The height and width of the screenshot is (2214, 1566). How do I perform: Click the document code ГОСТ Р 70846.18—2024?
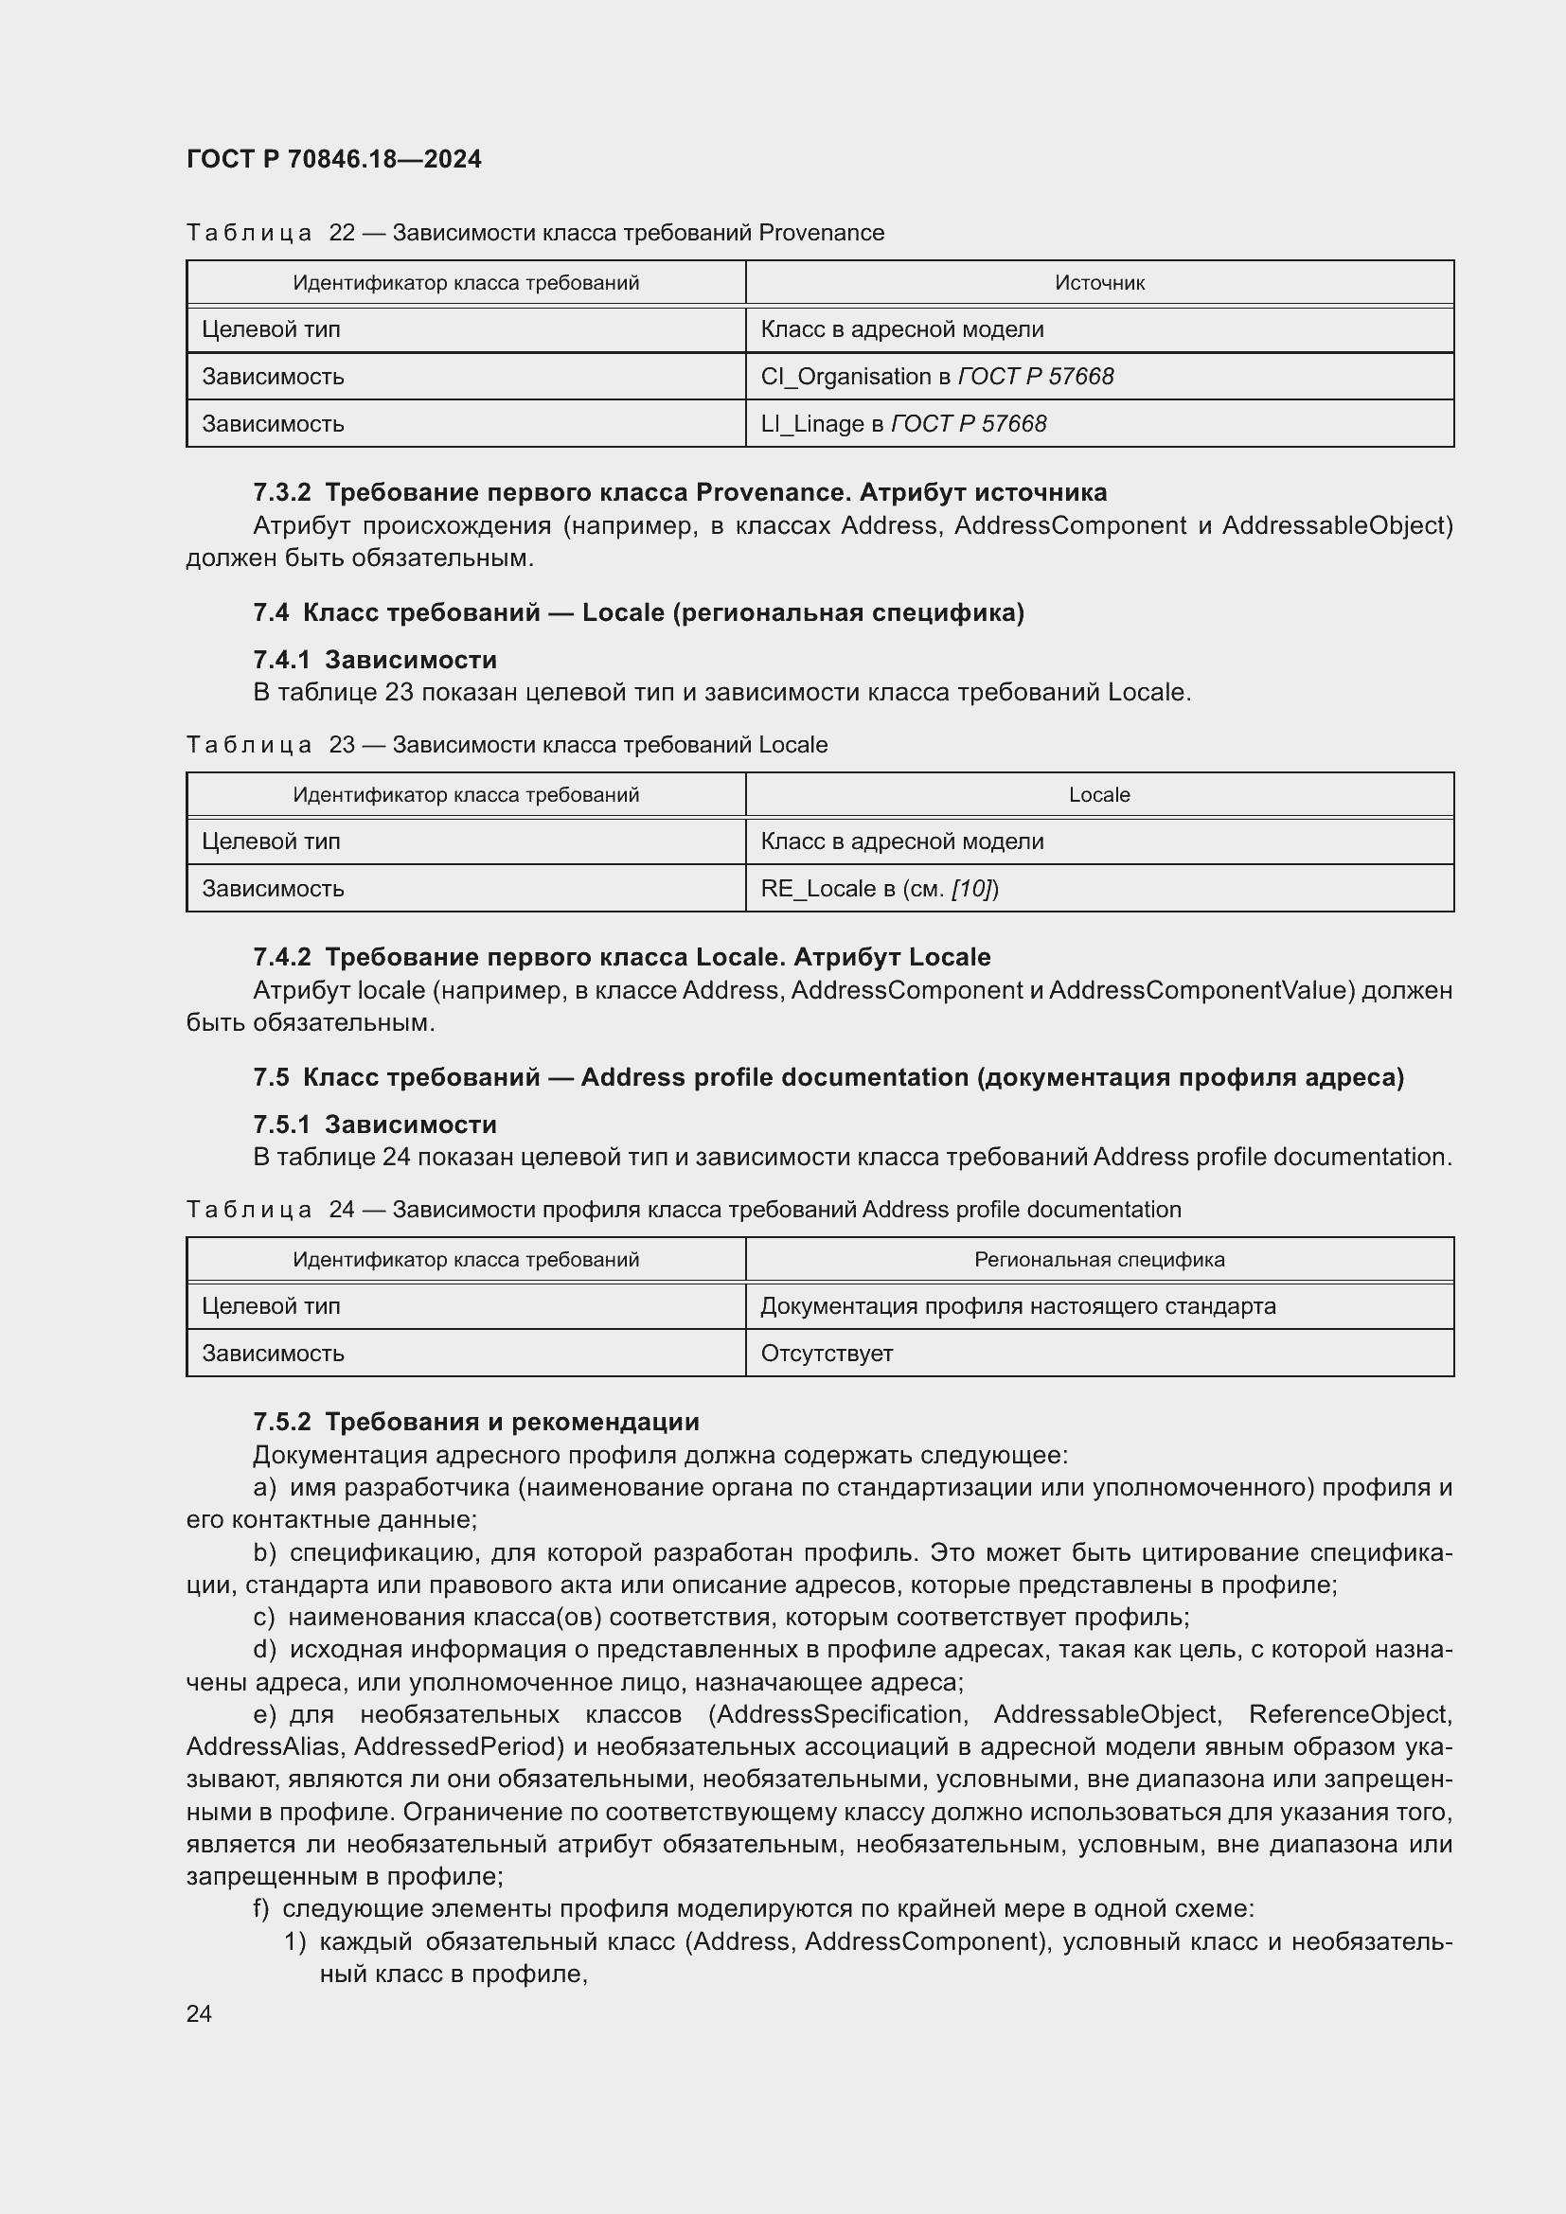(333, 159)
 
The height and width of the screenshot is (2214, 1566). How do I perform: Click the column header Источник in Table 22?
(1098, 282)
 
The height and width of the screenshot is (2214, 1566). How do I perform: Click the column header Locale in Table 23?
(1098, 794)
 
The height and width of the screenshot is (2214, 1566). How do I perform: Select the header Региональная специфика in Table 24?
(1098, 1259)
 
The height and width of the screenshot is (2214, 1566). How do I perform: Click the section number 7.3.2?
(281, 493)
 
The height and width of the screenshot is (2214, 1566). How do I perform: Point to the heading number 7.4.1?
(281, 660)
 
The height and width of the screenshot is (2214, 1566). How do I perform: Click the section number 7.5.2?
(281, 1422)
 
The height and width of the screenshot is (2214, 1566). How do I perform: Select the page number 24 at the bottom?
(200, 2013)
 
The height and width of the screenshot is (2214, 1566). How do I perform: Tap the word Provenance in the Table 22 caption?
(821, 233)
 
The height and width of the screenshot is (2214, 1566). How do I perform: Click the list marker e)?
(264, 1713)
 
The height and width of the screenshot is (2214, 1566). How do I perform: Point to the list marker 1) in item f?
(295, 1941)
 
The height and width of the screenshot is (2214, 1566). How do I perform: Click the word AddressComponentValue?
(1202, 990)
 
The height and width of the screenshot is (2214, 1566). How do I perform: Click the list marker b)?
(264, 1551)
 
